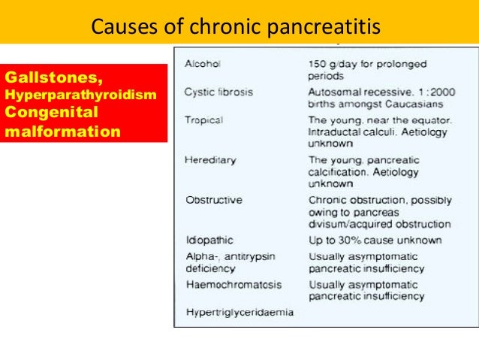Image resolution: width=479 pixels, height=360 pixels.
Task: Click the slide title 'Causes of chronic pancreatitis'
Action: pyautogui.click(x=235, y=27)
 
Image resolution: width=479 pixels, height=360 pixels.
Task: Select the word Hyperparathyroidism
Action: pyautogui.click(x=80, y=95)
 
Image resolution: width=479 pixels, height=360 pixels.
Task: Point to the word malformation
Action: pyautogui.click(x=62, y=131)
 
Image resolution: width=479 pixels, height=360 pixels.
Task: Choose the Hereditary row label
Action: pyautogui.click(x=210, y=159)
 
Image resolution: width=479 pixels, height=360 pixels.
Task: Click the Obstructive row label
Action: pyautogui.click(x=214, y=200)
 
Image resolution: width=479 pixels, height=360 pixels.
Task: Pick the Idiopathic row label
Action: pyautogui.click(x=209, y=241)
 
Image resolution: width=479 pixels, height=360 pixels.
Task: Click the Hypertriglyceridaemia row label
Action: pyautogui.click(x=239, y=311)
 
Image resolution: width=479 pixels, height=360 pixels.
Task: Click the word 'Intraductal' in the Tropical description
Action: pyautogui.click(x=333, y=132)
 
